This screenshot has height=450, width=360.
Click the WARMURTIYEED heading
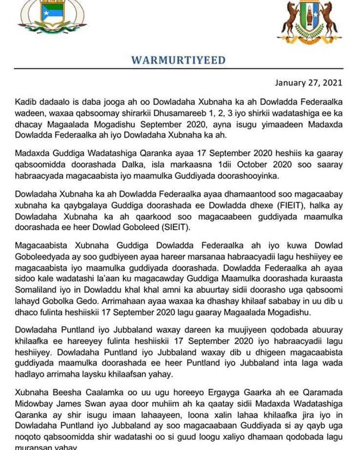point(178,59)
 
